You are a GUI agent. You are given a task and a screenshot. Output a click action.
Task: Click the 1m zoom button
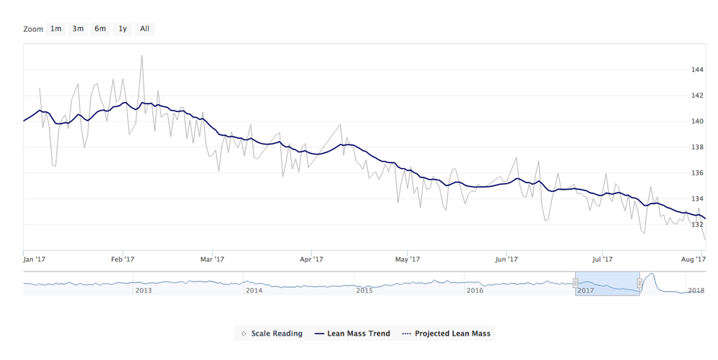point(55,29)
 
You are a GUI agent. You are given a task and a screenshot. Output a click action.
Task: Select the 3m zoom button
point(78,29)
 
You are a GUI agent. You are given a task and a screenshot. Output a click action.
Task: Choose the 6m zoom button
point(100,29)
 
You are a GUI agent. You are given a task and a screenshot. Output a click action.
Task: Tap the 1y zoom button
point(123,29)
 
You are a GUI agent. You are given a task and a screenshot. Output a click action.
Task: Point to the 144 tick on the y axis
point(696,70)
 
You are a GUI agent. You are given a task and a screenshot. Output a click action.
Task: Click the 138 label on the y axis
point(696,147)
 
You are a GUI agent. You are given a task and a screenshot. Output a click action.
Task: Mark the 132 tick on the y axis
point(696,224)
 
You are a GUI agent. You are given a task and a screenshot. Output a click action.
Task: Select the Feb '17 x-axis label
point(124,259)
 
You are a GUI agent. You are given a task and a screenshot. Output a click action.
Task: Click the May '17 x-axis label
point(408,259)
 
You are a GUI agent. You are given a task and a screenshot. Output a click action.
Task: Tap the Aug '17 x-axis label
point(691,259)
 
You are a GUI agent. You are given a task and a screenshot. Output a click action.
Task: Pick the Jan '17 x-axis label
point(34,259)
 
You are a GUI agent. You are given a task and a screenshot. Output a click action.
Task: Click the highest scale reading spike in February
point(142,55)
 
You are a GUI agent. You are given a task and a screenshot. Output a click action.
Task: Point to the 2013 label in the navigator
point(143,290)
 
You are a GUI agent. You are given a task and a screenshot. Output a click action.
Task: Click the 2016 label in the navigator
point(474,290)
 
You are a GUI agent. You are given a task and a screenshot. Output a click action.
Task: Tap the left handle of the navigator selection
point(575,283)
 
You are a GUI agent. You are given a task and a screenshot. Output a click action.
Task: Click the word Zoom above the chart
point(33,29)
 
